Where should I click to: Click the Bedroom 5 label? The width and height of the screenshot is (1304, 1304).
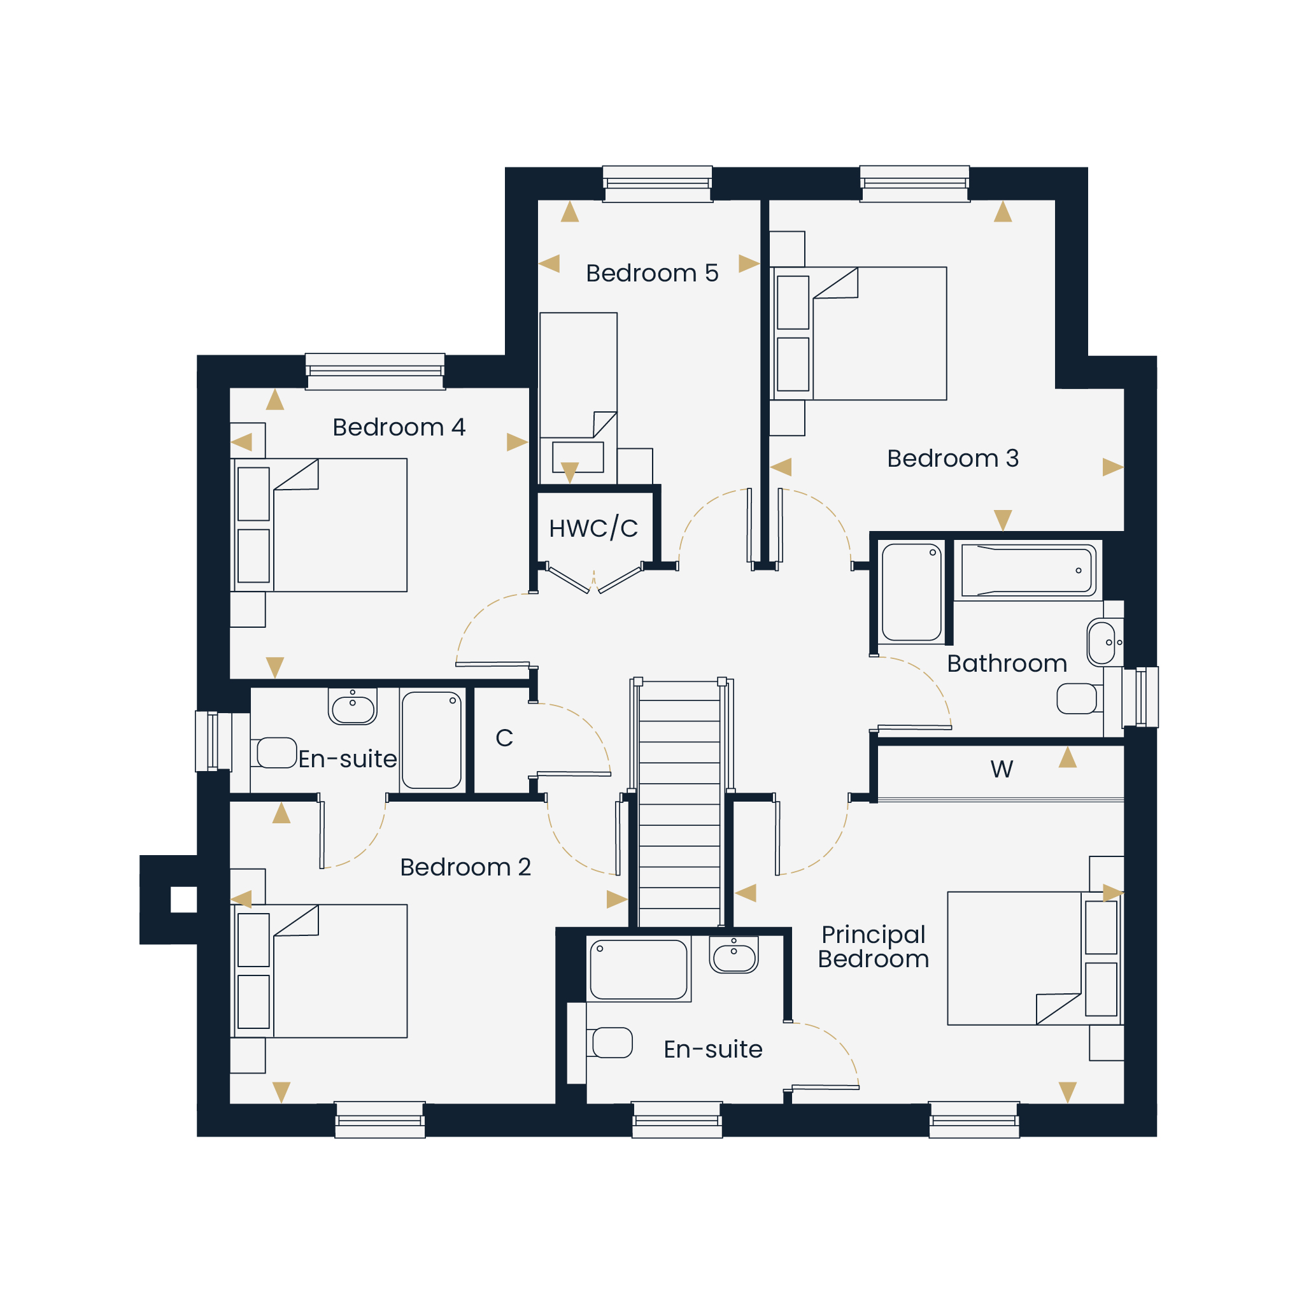click(x=652, y=273)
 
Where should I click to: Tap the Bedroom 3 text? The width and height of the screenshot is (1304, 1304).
click(x=953, y=458)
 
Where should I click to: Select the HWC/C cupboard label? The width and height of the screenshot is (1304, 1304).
click(x=593, y=528)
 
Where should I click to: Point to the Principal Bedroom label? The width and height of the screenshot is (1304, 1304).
click(x=874, y=946)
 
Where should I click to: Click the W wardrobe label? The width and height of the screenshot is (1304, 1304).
click(x=1002, y=769)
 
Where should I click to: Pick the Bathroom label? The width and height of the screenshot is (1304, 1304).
click(x=1007, y=663)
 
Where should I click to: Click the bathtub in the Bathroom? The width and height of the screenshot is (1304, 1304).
click(x=1028, y=570)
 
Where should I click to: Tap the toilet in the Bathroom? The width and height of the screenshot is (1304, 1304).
click(x=1079, y=698)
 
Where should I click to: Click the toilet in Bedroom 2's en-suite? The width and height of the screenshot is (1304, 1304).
click(x=274, y=753)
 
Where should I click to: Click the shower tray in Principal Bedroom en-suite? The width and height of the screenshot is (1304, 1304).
click(x=639, y=968)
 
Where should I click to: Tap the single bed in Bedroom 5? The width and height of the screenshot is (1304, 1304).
click(x=578, y=398)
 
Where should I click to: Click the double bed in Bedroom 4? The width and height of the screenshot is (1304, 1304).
click(x=319, y=525)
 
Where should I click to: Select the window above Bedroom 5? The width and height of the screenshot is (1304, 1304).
click(x=657, y=183)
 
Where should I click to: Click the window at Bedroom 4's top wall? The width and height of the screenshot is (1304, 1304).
click(x=375, y=371)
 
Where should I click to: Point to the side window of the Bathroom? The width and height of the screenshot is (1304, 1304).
click(x=1140, y=697)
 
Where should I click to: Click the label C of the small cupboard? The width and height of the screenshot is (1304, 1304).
click(x=504, y=738)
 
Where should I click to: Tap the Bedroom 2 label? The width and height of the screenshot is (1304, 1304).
click(x=465, y=867)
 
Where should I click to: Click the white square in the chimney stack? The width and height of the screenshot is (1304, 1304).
click(x=183, y=900)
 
